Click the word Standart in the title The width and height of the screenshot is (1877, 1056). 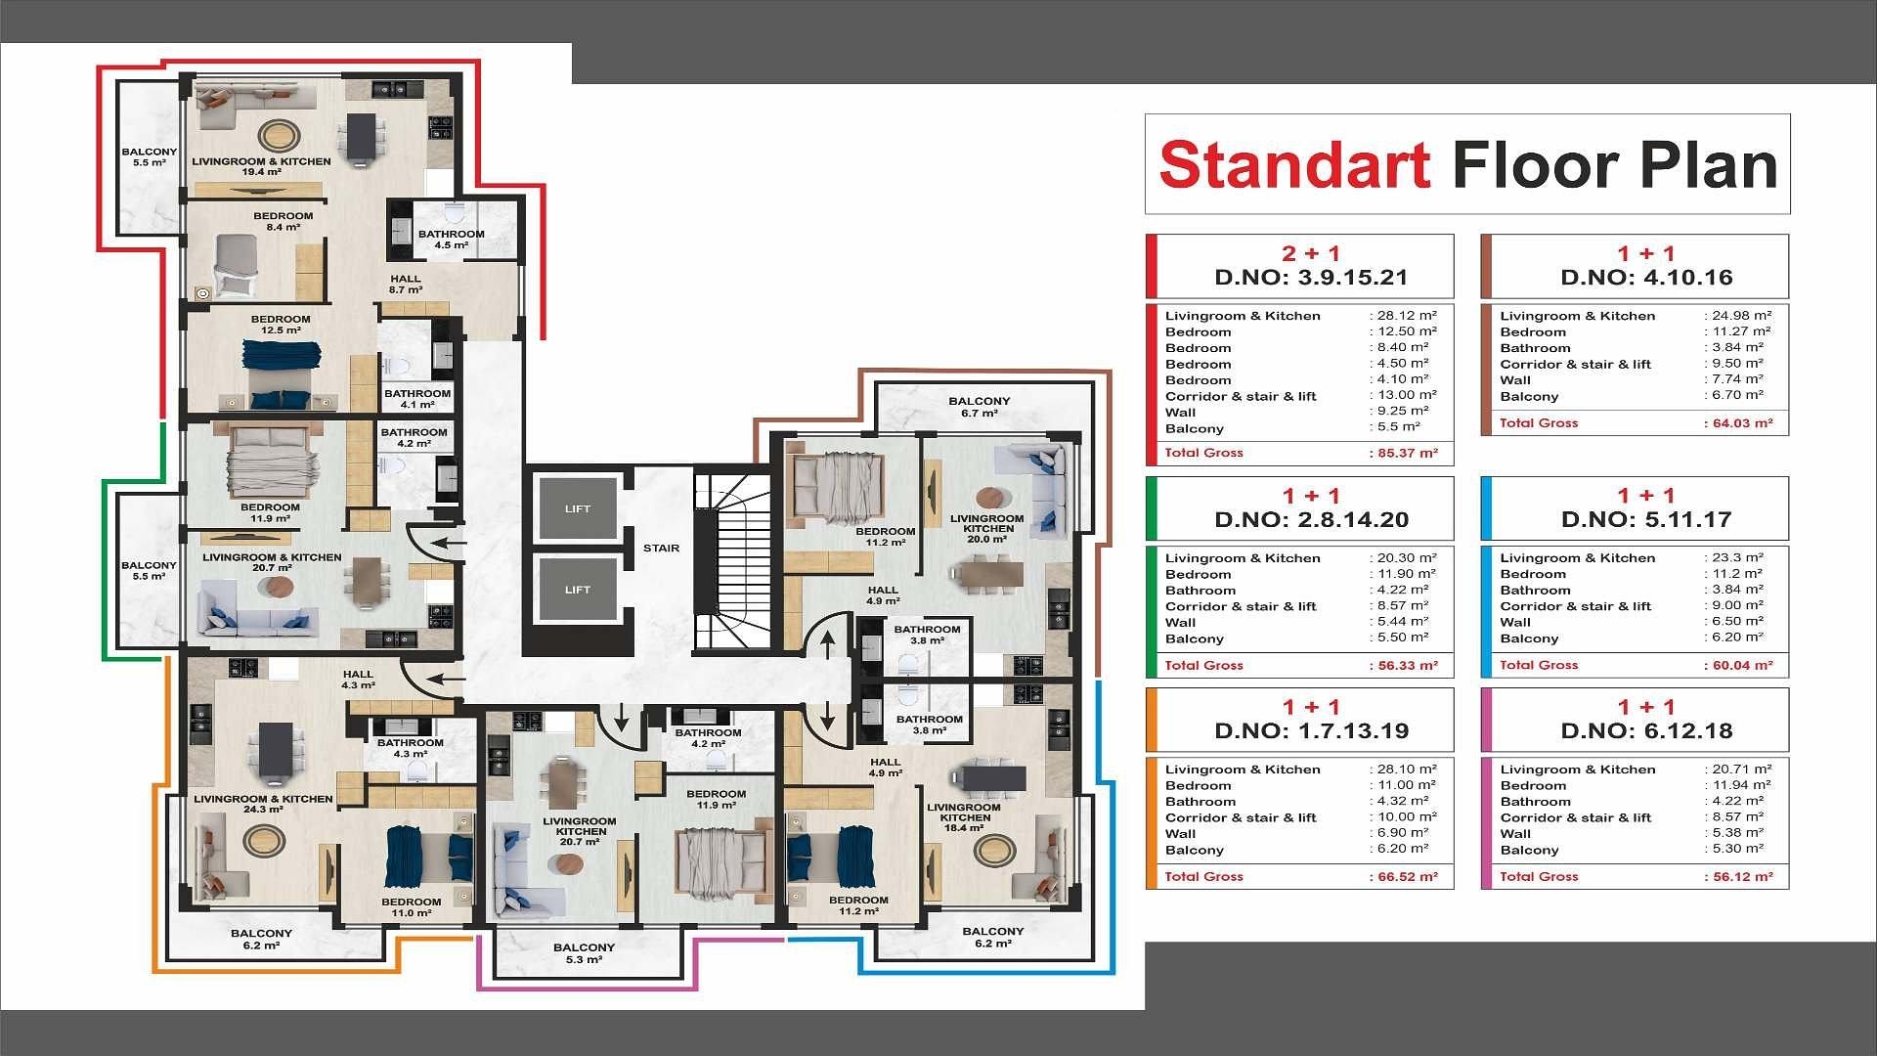pos(1295,164)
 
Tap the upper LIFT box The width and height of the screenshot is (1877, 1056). pos(578,508)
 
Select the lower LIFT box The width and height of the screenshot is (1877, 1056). pos(578,590)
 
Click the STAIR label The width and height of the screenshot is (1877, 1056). pos(661,549)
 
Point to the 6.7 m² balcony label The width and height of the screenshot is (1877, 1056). pos(980,407)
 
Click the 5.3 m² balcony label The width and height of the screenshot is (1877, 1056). pos(584,953)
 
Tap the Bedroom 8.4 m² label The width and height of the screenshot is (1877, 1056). pos(284,222)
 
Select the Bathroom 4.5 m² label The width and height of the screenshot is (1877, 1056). pos(452,240)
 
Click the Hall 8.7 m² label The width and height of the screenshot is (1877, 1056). pos(406,285)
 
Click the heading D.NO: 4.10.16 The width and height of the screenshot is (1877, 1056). pos(1646,278)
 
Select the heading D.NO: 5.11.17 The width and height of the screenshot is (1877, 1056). pos(1646,520)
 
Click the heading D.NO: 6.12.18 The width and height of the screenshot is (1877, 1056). pos(1646,731)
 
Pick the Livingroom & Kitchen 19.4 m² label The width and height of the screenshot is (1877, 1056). pos(261,167)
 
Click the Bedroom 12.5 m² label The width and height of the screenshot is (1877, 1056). pos(281,325)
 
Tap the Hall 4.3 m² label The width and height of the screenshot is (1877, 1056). pos(358,680)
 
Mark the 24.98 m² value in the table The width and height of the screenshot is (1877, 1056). pos(1738,316)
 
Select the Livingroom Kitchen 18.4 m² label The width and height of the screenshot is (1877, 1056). pos(964,817)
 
